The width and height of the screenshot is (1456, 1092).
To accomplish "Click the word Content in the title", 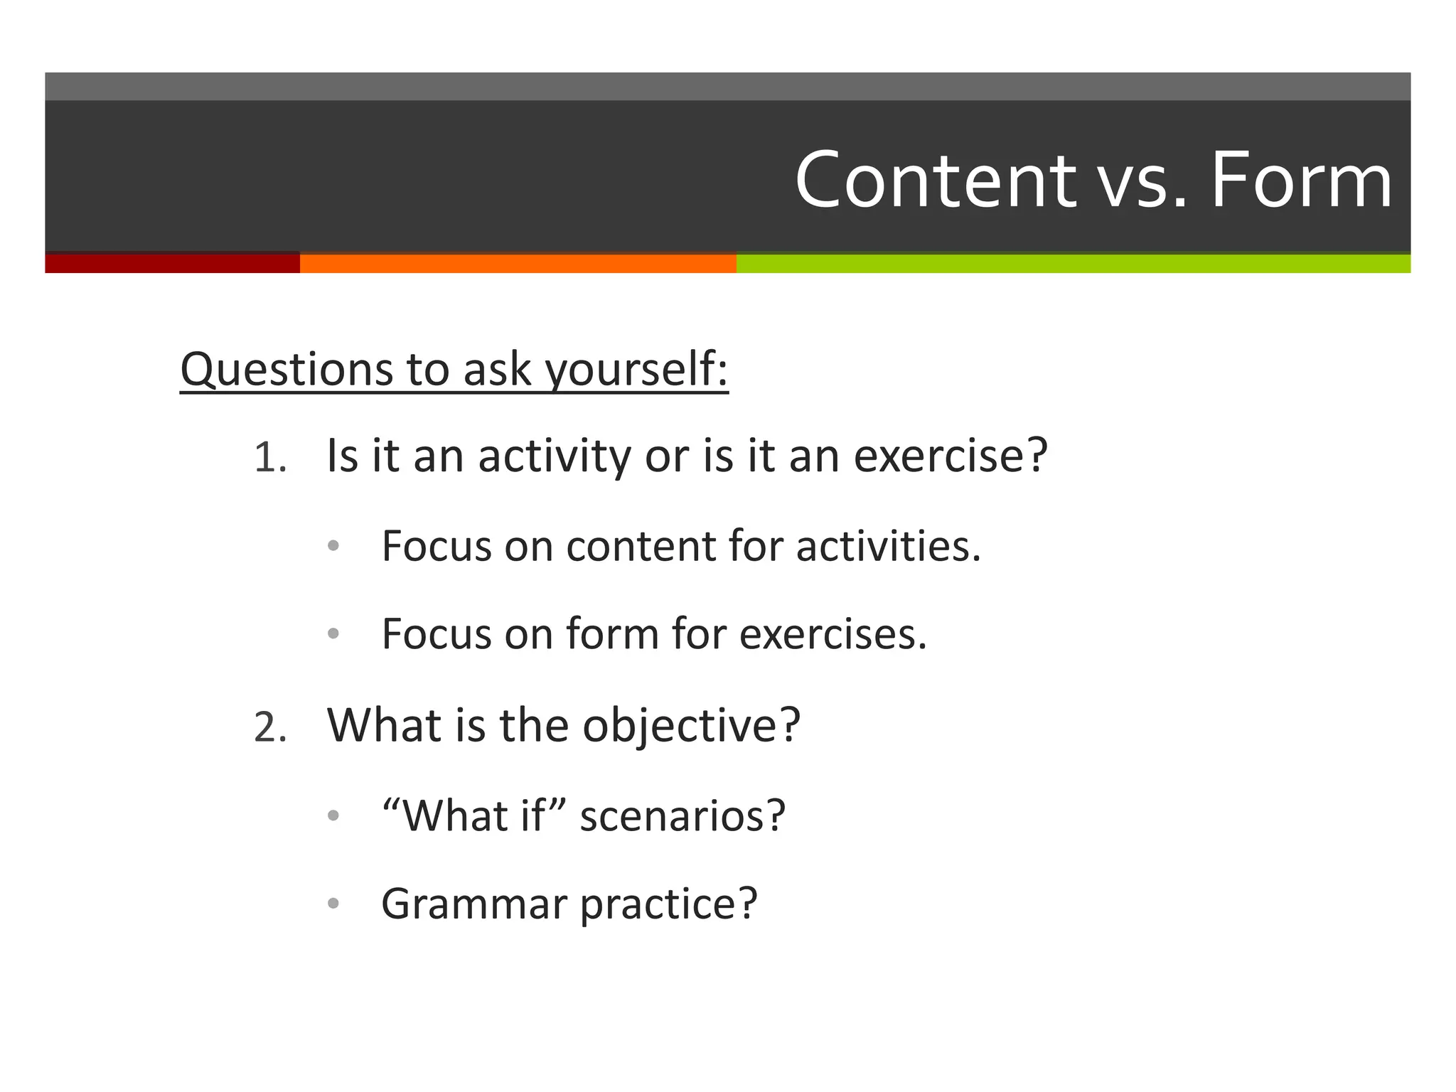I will (935, 181).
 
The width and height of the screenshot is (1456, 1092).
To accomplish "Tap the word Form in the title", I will (1301, 181).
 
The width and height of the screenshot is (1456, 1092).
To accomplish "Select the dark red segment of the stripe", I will (172, 263).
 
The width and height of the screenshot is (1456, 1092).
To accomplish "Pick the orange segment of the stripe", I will (518, 263).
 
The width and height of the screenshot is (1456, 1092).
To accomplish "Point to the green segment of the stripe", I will (1073, 263).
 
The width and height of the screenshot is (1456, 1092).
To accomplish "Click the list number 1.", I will (269, 457).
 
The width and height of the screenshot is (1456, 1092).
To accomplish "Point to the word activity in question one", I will (554, 456).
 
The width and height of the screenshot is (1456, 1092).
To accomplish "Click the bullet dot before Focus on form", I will (333, 633).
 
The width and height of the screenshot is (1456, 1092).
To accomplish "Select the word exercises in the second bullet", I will (833, 633).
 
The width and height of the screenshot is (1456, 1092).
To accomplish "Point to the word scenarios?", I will (682, 815).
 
